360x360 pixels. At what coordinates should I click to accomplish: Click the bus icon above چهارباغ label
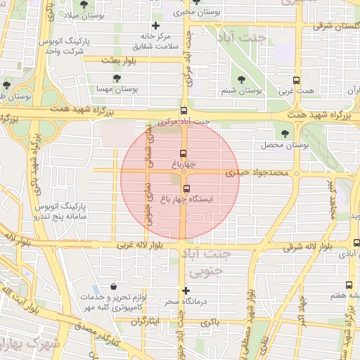184,153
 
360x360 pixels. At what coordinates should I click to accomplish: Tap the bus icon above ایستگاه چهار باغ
186,188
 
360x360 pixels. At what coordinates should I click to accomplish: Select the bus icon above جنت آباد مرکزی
184,110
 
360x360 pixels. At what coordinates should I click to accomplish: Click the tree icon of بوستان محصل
285,133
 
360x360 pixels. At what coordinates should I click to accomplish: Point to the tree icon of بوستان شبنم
242,80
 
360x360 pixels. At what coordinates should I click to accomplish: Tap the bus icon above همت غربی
295,80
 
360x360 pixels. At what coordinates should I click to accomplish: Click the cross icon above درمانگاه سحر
186,290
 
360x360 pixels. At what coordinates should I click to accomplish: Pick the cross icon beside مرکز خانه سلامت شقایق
155,26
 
